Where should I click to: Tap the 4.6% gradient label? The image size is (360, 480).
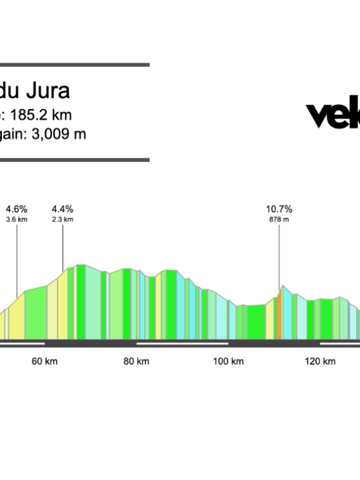(17, 209)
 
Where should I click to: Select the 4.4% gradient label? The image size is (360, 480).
(63, 209)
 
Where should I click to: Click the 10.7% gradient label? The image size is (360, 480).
(279, 209)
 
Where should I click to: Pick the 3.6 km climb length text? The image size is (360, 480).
(17, 219)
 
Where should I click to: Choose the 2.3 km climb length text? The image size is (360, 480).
(63, 219)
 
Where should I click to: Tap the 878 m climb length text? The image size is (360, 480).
(279, 219)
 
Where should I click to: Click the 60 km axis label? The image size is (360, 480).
(45, 361)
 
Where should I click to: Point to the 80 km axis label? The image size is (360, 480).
(136, 361)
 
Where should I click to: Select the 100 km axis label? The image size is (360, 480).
(228, 361)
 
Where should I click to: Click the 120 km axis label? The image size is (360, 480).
(320, 361)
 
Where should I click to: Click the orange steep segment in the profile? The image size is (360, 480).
(280, 317)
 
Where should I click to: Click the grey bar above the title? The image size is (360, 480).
(74, 65)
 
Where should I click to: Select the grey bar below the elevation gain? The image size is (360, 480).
(74, 160)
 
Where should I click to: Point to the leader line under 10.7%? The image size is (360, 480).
(279, 255)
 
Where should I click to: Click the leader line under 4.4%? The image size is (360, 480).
(63, 245)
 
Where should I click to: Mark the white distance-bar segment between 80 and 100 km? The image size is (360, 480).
(182, 343)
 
